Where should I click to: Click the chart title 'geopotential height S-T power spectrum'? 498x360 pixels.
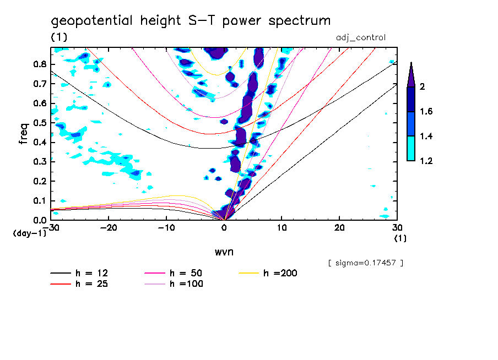tap(191, 21)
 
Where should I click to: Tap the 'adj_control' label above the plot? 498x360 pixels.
tap(360, 38)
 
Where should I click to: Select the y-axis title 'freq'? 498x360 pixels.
tap(24, 134)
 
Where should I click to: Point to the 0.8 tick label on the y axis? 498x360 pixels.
tap(40, 64)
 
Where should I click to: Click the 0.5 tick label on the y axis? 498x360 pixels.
tap(40, 123)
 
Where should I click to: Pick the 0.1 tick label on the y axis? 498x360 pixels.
tap(40, 201)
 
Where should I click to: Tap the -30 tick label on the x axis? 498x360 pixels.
tap(51, 227)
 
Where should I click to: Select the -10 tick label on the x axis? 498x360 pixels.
tap(166, 227)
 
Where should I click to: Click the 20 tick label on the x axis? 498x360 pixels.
tap(339, 227)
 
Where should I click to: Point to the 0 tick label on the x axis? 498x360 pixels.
tap(224, 227)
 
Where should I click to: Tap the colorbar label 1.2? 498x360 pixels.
tap(425, 161)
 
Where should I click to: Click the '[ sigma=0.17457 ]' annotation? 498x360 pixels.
tap(365, 263)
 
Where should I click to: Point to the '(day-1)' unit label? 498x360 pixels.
tap(29, 233)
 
